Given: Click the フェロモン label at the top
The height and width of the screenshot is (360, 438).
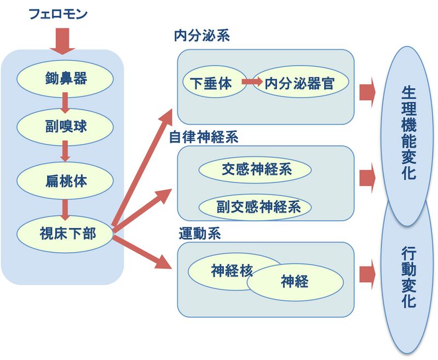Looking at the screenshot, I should coord(57,13).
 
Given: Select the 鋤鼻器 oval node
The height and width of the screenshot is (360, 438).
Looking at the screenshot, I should coord(66,78).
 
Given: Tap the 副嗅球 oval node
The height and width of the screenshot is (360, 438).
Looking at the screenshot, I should coord(66,127).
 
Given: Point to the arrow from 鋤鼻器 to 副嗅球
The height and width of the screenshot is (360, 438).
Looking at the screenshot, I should coord(65,102).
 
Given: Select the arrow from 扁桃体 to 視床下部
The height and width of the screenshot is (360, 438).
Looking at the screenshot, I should coord(65,209).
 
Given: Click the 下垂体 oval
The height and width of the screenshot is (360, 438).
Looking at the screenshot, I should coord(211,83).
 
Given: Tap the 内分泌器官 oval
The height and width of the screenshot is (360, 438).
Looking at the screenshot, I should coord(299,83).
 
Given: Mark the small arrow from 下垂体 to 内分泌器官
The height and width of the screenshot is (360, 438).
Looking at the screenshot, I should coord(251,82).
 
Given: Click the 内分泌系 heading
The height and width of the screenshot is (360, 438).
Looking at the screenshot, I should coord(201,37).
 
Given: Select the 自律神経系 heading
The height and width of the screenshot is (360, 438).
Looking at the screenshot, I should coord(203,137).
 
